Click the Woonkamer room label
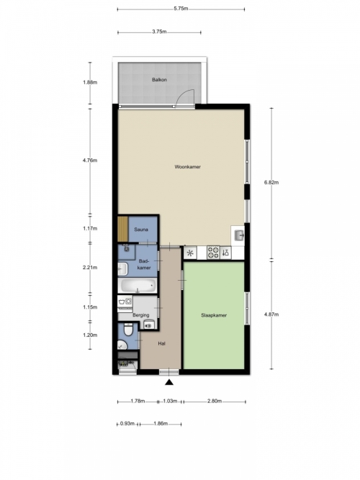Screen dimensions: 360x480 coord(187,167)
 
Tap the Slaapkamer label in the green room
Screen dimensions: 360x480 coord(214,315)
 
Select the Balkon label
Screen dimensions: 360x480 coord(159,80)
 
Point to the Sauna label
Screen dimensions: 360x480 coord(141,230)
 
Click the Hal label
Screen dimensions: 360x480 coord(161,343)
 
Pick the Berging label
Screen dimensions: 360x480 coord(141,314)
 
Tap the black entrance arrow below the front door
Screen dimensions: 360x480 coord(169,382)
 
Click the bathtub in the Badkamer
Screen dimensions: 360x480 coord(138,286)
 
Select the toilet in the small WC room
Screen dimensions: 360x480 coord(128,330)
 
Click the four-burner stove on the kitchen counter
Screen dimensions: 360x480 coord(213,253)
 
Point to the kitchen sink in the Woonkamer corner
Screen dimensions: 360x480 coord(238,236)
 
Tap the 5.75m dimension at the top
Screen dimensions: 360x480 coord(181,9)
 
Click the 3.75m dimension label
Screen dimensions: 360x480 coord(159,32)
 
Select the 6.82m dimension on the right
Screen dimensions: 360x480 coord(271,183)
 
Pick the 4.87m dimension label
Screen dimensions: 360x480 coord(271,314)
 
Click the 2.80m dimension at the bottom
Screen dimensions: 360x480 coord(215,401)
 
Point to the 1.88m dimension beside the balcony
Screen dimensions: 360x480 coord(90,82)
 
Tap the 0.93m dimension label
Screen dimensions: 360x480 coord(127,424)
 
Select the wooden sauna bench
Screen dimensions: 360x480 coord(123,229)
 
